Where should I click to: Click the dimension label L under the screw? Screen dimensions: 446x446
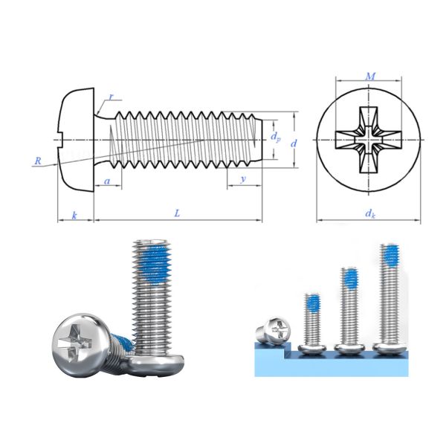[x=177, y=213]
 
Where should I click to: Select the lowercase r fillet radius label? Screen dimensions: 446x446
[x=111, y=97]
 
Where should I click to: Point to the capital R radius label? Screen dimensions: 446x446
[x=37, y=161]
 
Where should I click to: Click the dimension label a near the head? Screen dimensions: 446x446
[x=108, y=181]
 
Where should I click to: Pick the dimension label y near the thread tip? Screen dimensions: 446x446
[x=244, y=181]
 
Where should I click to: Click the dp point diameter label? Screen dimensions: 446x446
[x=275, y=137]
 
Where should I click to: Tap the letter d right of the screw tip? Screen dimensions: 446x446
[x=294, y=142]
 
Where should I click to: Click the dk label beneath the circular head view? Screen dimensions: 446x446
[x=369, y=214]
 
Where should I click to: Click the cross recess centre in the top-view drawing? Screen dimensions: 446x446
[x=369, y=139]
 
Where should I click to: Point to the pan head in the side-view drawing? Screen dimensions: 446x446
[x=77, y=139]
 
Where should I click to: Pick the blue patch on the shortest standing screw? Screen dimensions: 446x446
[x=313, y=303]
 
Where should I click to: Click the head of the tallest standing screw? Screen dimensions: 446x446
[x=390, y=346]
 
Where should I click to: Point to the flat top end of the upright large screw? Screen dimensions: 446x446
[x=151, y=242]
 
